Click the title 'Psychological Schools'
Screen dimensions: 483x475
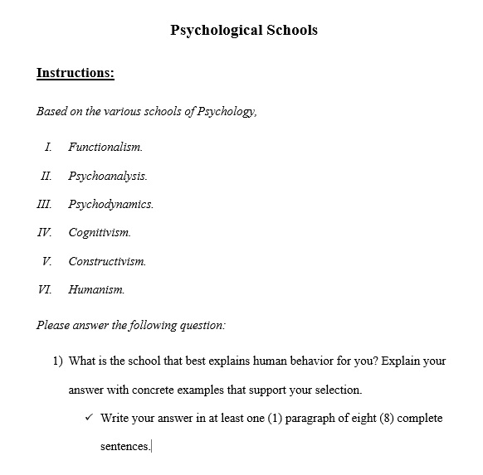coord(243,31)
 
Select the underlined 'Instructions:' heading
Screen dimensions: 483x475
coord(75,73)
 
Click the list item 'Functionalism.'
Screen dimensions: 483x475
coord(105,148)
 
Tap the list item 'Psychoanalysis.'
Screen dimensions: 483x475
coord(108,176)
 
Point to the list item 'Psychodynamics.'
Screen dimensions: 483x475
coord(110,204)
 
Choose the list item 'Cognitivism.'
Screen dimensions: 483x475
coord(100,233)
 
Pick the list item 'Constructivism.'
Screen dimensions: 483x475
coord(107,261)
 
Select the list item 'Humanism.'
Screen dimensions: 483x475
coord(96,289)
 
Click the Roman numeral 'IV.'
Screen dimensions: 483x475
coord(45,233)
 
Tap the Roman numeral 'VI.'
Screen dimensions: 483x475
coord(45,289)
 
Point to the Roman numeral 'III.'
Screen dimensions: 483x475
coord(44,204)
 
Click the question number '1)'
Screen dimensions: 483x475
coord(58,361)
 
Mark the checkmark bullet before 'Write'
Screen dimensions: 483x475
coord(89,417)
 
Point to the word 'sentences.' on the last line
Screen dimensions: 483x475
coord(124,446)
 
